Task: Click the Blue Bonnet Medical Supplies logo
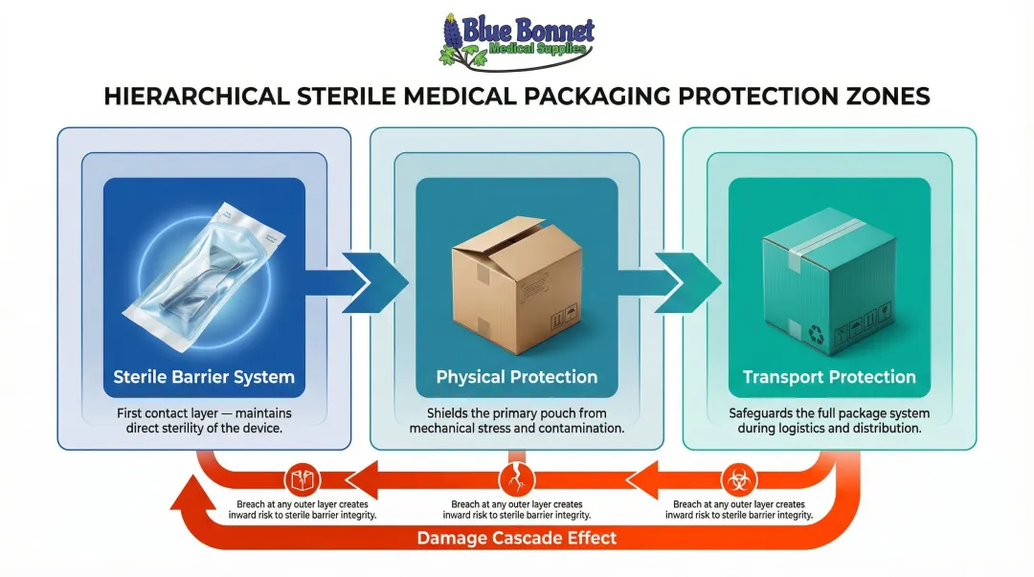517,40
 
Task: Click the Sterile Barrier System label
204,377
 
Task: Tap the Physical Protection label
517,377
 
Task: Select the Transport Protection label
829,377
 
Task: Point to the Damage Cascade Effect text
517,538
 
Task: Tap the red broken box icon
302,478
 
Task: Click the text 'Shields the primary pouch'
517,413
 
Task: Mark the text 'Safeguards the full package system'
829,413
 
